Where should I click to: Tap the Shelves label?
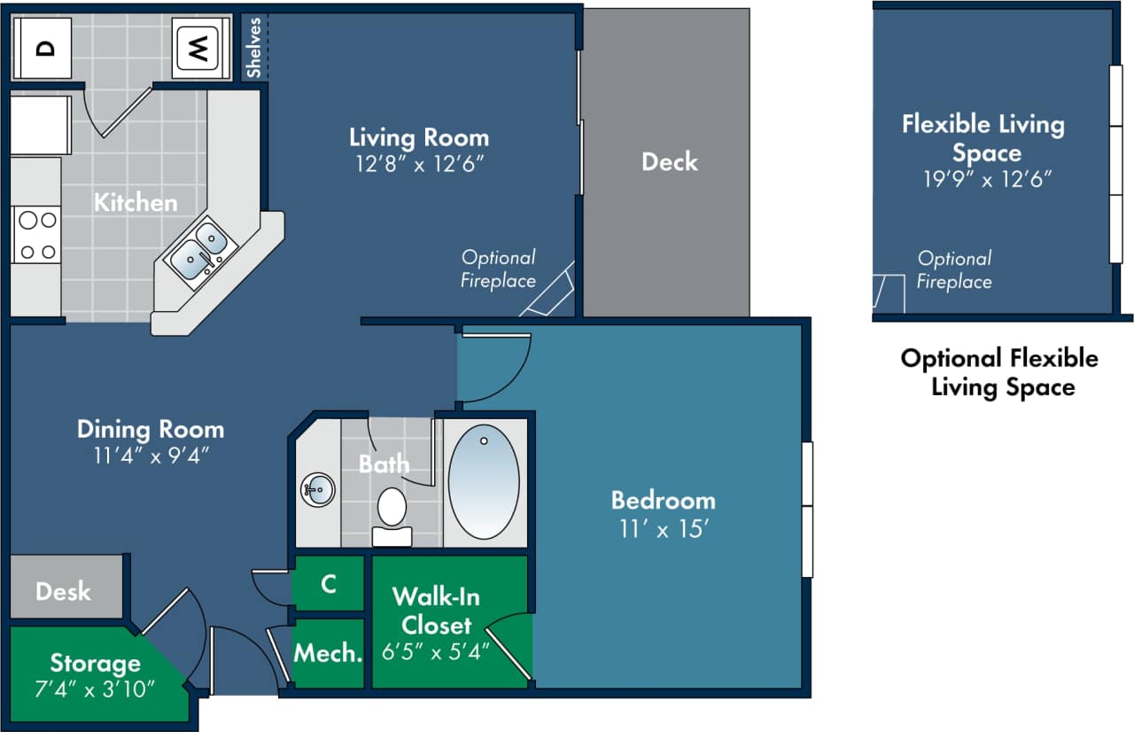(x=253, y=48)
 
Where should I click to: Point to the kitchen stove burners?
(x=36, y=235)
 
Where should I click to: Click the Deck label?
(x=669, y=162)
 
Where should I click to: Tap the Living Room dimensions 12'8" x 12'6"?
(x=418, y=165)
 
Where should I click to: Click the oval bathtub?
(x=484, y=481)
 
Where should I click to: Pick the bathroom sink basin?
(x=317, y=489)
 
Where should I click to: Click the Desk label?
(x=63, y=591)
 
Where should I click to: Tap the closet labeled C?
(x=328, y=584)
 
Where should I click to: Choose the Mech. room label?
(x=328, y=654)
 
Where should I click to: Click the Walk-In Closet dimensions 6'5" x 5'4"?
(x=436, y=652)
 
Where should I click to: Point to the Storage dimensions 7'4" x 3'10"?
(x=95, y=687)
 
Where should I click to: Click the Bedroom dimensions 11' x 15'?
(x=663, y=528)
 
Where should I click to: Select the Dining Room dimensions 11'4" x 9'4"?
(x=150, y=456)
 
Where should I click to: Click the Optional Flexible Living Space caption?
(x=999, y=372)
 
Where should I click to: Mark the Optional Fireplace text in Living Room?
(x=499, y=269)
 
